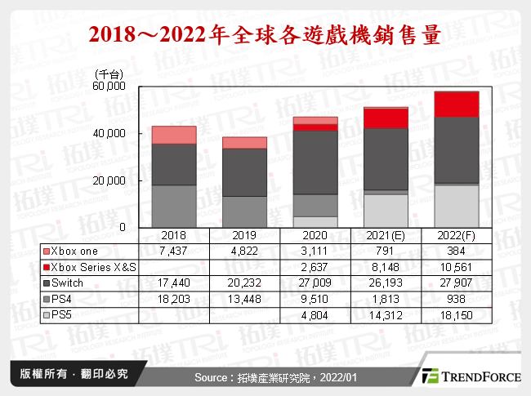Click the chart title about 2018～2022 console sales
tap(265, 34)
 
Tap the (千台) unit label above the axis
tap(108, 73)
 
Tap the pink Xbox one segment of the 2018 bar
tap(174, 135)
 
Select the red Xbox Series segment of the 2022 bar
tap(456, 105)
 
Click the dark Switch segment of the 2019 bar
tap(244, 172)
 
